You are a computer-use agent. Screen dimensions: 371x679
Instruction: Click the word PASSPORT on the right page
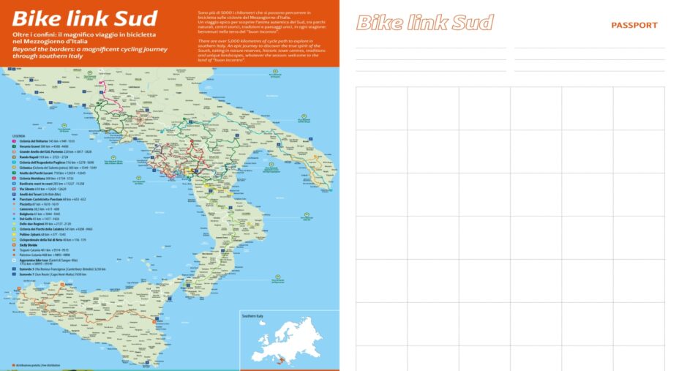(x=634, y=26)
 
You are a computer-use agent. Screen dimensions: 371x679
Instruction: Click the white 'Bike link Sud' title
(x=85, y=18)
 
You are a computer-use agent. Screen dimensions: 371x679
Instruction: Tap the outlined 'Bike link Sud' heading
(x=424, y=23)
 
